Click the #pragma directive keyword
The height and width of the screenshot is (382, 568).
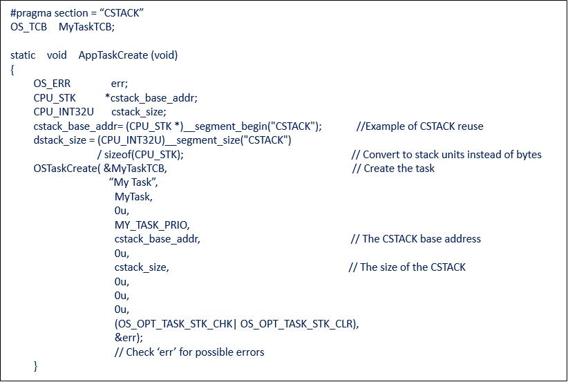pyautogui.click(x=31, y=13)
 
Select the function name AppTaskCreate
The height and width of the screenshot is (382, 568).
pyautogui.click(x=113, y=55)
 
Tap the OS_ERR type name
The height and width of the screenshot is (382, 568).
pyautogui.click(x=52, y=84)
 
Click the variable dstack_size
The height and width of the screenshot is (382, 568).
pyautogui.click(x=59, y=140)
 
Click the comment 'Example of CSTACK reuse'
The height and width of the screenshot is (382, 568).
pyautogui.click(x=420, y=126)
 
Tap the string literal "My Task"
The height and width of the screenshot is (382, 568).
pyautogui.click(x=133, y=182)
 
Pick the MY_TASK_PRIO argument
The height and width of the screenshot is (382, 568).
pyautogui.click(x=151, y=225)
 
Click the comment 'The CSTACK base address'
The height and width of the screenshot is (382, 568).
pyautogui.click(x=416, y=239)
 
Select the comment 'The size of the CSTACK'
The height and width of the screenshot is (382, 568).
pyautogui.click(x=407, y=267)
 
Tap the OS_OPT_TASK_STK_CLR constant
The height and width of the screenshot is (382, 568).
pyautogui.click(x=296, y=324)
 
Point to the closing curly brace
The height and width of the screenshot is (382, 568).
pyautogui.click(x=35, y=366)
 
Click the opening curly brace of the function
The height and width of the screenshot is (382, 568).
pyautogui.click(x=12, y=70)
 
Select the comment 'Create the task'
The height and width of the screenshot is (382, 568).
pyautogui.click(x=393, y=169)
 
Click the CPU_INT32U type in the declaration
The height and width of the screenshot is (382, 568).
pyautogui.click(x=64, y=112)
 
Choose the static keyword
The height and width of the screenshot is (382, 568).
pyautogui.click(x=23, y=55)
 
